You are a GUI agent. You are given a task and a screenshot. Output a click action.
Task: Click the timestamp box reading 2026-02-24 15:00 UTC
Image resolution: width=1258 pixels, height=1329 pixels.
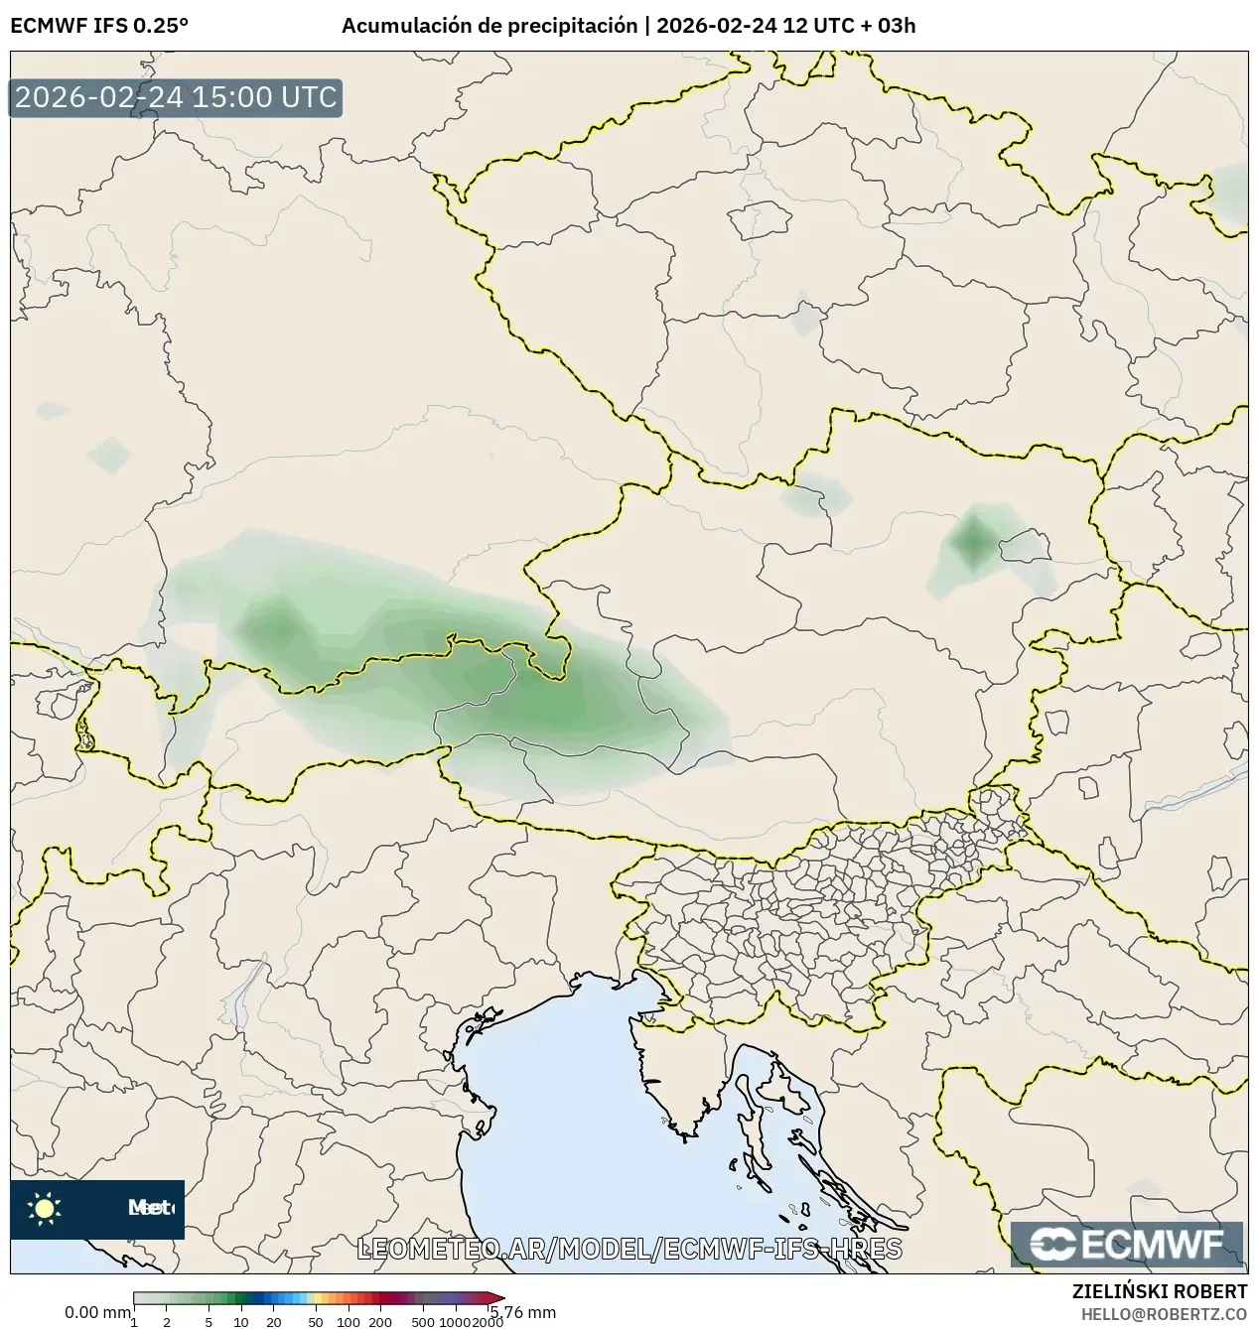click(x=176, y=98)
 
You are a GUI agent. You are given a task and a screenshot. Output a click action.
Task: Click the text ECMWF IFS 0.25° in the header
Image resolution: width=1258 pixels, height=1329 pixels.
click(x=99, y=26)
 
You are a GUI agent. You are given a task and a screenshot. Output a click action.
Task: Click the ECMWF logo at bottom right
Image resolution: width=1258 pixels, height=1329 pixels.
click(x=1127, y=1244)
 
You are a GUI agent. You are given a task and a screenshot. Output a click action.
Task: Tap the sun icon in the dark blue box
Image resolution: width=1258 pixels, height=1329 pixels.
click(x=44, y=1208)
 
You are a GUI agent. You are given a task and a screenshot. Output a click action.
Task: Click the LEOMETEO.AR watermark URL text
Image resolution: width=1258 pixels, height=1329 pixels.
click(x=629, y=1249)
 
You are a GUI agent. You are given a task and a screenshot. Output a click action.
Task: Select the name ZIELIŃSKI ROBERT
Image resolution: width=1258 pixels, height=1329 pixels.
click(x=1159, y=1291)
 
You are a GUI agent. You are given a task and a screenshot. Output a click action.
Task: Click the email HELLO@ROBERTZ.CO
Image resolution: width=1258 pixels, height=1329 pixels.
click(x=1164, y=1313)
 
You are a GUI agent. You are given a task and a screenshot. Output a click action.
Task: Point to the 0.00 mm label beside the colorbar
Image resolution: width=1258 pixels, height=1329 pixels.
click(x=96, y=1312)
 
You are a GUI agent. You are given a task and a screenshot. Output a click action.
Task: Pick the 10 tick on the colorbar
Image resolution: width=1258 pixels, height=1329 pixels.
click(x=241, y=1322)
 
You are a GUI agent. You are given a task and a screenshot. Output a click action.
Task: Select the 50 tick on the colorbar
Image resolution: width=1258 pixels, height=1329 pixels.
click(x=315, y=1322)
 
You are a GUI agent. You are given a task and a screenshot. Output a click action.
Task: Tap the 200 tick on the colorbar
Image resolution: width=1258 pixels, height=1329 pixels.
click(x=380, y=1322)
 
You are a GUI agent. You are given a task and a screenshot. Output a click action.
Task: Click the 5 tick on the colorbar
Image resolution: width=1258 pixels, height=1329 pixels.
click(x=209, y=1322)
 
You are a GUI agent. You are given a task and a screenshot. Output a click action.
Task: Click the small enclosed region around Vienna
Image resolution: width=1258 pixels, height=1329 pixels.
click(x=1026, y=545)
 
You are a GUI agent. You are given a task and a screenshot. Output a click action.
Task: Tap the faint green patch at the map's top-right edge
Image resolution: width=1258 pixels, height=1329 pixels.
click(x=1234, y=194)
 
